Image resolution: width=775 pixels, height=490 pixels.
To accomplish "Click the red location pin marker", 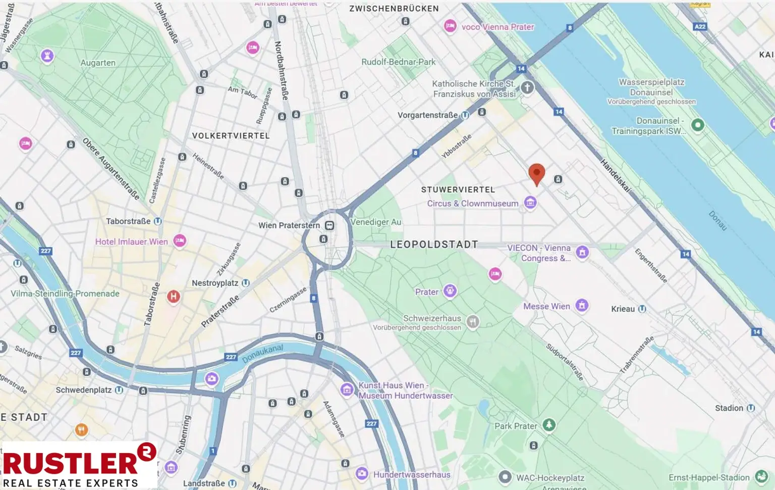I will click(536, 173).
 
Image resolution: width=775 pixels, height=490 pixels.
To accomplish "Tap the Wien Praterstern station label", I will click(289, 225).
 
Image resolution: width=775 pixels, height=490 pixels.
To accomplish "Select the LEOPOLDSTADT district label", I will click(434, 244).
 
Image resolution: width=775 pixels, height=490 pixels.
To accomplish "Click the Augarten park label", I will click(98, 63).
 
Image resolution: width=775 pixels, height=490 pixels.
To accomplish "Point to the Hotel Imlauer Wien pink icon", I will click(180, 241).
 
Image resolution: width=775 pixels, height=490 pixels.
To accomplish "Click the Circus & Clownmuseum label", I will click(472, 204).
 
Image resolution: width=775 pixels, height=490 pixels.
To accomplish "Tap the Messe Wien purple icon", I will click(582, 305).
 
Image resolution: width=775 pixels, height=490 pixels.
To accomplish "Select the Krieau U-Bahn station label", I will click(623, 309).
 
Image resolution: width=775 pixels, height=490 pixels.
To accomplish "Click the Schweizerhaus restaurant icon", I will click(472, 322).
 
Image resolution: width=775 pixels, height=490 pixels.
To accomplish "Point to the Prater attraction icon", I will click(450, 291).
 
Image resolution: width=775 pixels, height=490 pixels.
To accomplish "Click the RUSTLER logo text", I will click(71, 462).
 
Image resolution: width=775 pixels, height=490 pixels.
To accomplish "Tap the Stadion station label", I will click(729, 408).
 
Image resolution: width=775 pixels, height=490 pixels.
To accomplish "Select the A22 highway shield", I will click(700, 26).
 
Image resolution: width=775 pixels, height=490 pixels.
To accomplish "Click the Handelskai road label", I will click(615, 175).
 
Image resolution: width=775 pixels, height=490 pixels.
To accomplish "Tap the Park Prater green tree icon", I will click(549, 425).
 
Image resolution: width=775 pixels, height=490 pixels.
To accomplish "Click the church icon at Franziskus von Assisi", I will click(527, 87).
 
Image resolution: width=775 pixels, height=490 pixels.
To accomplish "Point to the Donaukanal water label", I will click(262, 354).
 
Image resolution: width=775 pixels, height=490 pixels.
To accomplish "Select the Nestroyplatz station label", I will click(215, 283).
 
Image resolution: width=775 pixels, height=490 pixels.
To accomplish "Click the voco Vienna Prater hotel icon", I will click(450, 26).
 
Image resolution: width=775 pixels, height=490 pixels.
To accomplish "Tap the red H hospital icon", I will click(174, 297).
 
